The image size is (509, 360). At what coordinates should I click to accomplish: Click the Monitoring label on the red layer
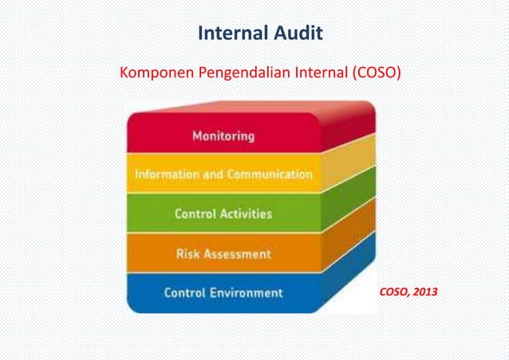[x=223, y=136]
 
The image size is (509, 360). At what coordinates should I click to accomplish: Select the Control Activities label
[x=223, y=214]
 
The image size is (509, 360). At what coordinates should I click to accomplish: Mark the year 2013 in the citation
[x=424, y=291]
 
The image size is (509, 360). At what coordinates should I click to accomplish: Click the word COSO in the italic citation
[x=395, y=291]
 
